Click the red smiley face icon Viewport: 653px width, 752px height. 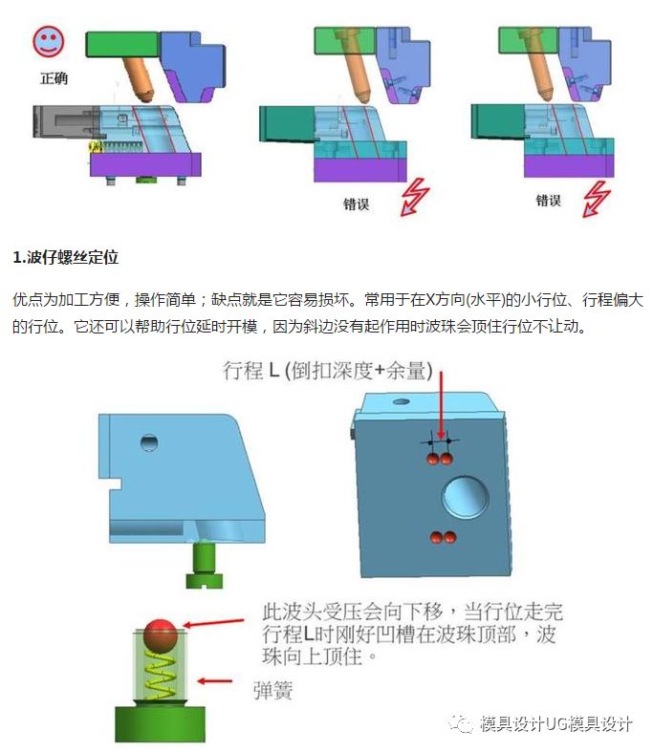click(x=48, y=41)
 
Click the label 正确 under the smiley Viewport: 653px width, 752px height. click(x=54, y=77)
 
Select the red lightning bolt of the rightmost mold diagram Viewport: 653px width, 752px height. click(x=596, y=198)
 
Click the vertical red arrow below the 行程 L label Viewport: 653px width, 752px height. click(x=441, y=407)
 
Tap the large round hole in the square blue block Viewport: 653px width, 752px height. click(x=466, y=497)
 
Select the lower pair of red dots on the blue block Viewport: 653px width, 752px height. click(x=441, y=538)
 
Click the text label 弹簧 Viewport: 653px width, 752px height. click(x=272, y=687)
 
